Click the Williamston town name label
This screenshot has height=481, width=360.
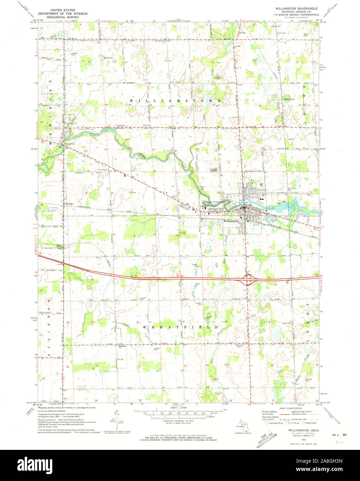pyautogui.click(x=231, y=220)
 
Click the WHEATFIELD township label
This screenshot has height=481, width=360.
pyautogui.click(x=180, y=327)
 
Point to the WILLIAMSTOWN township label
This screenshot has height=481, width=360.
pyautogui.click(x=175, y=100)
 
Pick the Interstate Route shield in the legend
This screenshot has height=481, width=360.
pyautogui.click(x=267, y=423)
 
